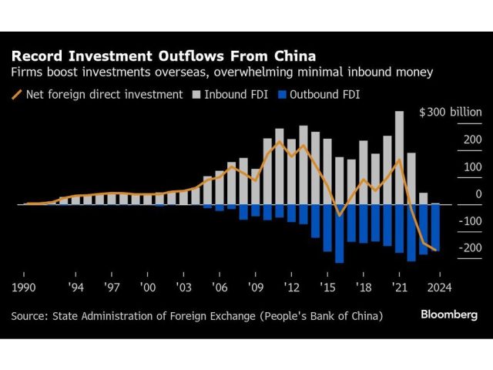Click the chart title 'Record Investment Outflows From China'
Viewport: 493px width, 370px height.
click(163, 56)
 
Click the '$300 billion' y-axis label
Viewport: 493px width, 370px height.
click(450, 112)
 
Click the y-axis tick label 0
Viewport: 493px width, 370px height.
click(478, 193)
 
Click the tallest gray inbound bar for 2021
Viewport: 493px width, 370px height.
click(399, 158)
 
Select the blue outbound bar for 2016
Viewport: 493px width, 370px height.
click(339, 234)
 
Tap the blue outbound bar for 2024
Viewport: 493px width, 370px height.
click(435, 227)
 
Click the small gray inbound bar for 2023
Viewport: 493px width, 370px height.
click(423, 199)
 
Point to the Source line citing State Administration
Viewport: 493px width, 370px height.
click(196, 315)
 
